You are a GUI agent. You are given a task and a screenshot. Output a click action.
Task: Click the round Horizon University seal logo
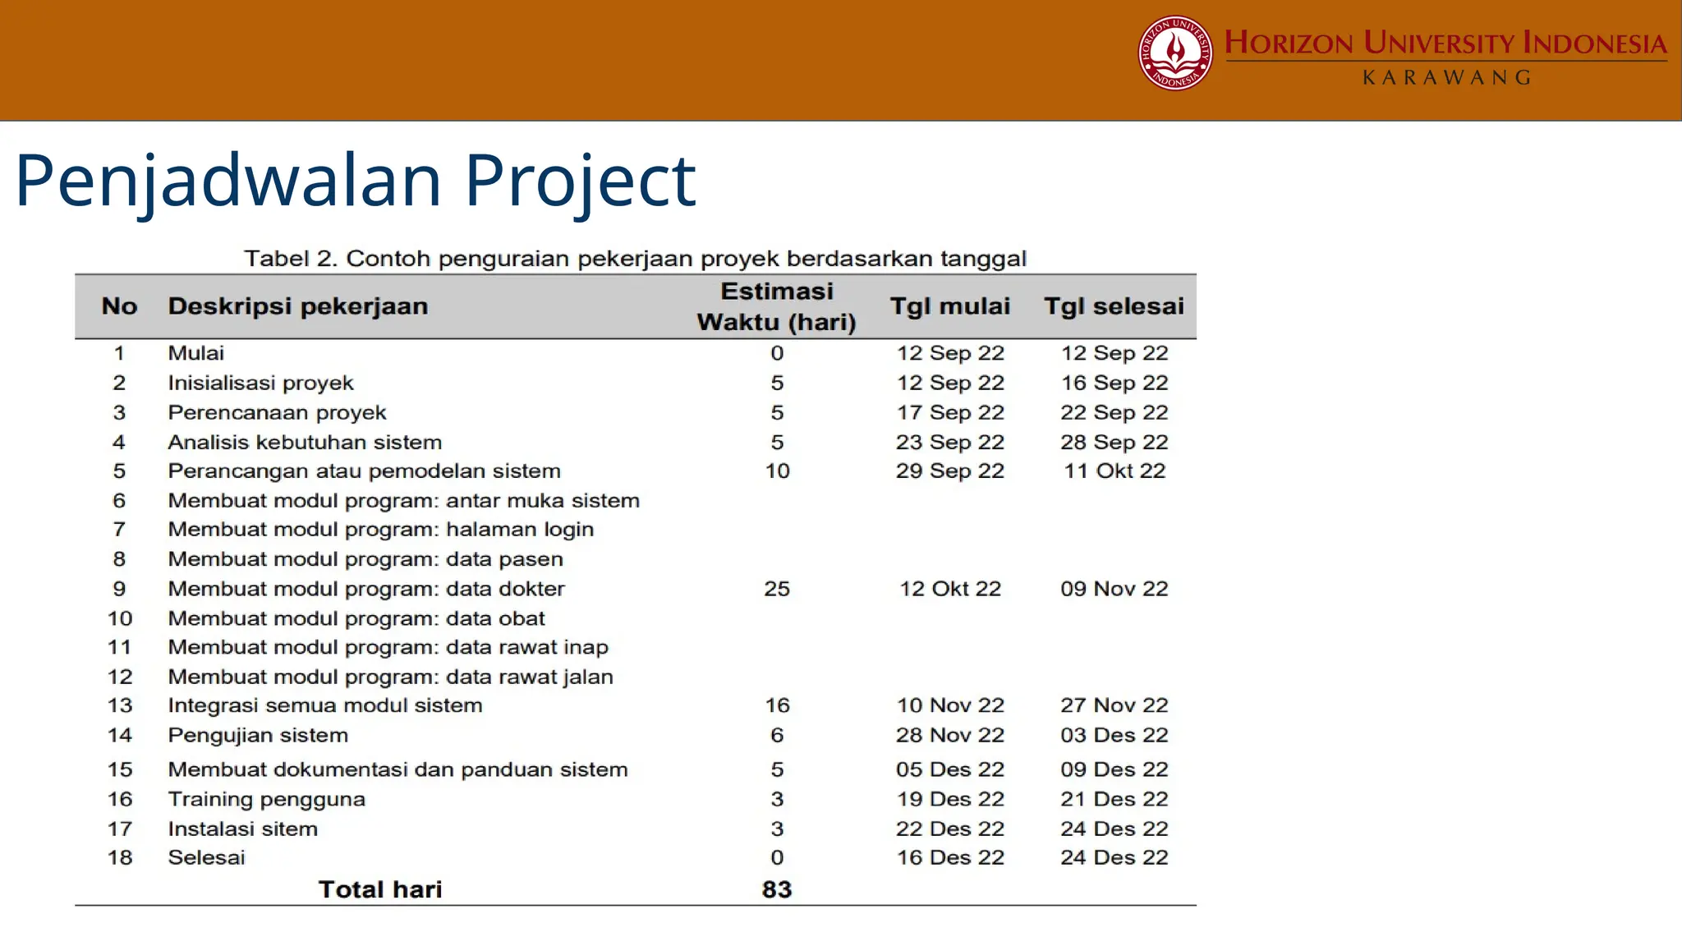[1175, 53]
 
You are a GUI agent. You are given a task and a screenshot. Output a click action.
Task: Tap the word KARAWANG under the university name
[1447, 78]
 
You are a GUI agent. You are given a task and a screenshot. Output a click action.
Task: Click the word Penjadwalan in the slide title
[228, 181]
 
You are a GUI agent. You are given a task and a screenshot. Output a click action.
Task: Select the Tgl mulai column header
[950, 306]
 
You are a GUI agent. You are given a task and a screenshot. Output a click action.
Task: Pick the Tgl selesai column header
[1114, 306]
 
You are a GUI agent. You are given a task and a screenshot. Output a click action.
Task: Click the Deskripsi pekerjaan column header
[298, 306]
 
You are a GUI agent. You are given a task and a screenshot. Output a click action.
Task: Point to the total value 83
[777, 889]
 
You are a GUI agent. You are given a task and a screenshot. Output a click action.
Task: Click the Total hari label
[380, 889]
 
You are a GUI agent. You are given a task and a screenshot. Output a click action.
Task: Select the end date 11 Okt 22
[1114, 471]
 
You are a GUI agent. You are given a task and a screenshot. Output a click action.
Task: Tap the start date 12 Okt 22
[950, 589]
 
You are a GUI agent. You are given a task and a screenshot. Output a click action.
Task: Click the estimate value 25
[777, 589]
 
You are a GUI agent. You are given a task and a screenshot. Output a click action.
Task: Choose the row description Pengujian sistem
[258, 735]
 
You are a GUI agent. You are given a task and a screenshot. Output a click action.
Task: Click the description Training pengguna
[267, 799]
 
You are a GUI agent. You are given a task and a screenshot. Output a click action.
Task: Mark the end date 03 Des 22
[1114, 735]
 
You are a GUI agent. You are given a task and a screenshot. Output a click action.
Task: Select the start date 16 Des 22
[950, 857]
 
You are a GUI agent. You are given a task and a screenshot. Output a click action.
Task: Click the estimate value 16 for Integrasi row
[777, 705]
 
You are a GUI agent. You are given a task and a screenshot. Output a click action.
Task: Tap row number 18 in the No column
[120, 857]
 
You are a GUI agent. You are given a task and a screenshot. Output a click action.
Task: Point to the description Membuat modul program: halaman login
[381, 530]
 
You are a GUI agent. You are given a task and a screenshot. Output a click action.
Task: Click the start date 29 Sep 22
[950, 471]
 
